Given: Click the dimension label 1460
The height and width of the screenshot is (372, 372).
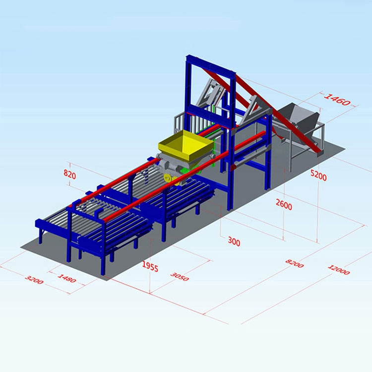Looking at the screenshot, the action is coord(337,99).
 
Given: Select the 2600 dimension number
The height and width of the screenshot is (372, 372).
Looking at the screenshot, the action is coord(284,204).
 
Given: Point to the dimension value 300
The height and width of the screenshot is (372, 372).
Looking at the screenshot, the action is coord(234,242).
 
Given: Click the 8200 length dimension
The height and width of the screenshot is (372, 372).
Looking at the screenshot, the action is coord(294,263).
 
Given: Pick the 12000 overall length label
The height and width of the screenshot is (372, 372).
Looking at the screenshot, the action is coord(339,270).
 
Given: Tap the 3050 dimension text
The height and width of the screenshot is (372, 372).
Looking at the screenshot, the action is coord(180,276).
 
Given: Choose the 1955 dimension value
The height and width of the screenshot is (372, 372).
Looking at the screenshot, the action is coord(150,266).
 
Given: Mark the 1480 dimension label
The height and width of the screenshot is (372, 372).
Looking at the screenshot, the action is coord(67,278).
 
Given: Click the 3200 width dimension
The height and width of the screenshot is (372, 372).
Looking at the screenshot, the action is coord(34,279).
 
